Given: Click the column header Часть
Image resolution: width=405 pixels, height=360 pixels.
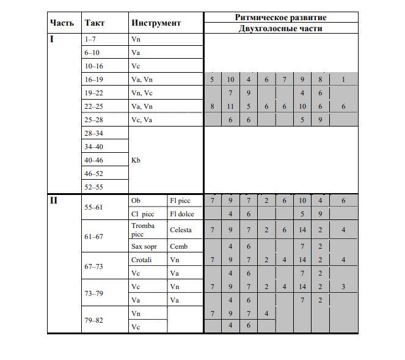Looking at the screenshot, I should coord(62,23).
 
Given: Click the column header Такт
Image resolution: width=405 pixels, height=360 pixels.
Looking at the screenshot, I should coord(95,23).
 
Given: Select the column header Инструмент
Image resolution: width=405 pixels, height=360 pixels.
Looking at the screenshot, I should coord(156,23).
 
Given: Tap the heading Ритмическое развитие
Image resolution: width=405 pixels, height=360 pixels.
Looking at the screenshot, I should coord(280,18).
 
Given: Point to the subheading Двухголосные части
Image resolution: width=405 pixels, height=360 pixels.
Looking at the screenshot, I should coord(280,28).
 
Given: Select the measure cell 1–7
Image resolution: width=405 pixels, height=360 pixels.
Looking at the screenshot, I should coord(90,39).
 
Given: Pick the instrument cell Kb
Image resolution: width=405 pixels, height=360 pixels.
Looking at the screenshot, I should coord(136,160).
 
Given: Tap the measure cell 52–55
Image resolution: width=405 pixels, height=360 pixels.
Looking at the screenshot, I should coord(94,187).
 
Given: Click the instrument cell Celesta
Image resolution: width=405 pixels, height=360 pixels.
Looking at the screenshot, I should coord(181,230).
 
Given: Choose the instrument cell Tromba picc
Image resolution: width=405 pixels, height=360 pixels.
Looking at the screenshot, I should coord(143,230).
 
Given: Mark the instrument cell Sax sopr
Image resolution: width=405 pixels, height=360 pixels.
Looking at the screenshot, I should coord(144,246).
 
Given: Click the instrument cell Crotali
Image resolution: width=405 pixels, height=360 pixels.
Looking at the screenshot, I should coord(142,260).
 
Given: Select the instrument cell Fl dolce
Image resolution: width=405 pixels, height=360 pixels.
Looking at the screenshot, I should coord(183,214).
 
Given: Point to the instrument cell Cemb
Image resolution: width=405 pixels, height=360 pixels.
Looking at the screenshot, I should coord(179,246).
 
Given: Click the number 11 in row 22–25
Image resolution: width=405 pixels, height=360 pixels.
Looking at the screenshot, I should coord(231,106).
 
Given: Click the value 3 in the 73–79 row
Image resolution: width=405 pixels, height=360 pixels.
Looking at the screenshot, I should coord(344,287).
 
